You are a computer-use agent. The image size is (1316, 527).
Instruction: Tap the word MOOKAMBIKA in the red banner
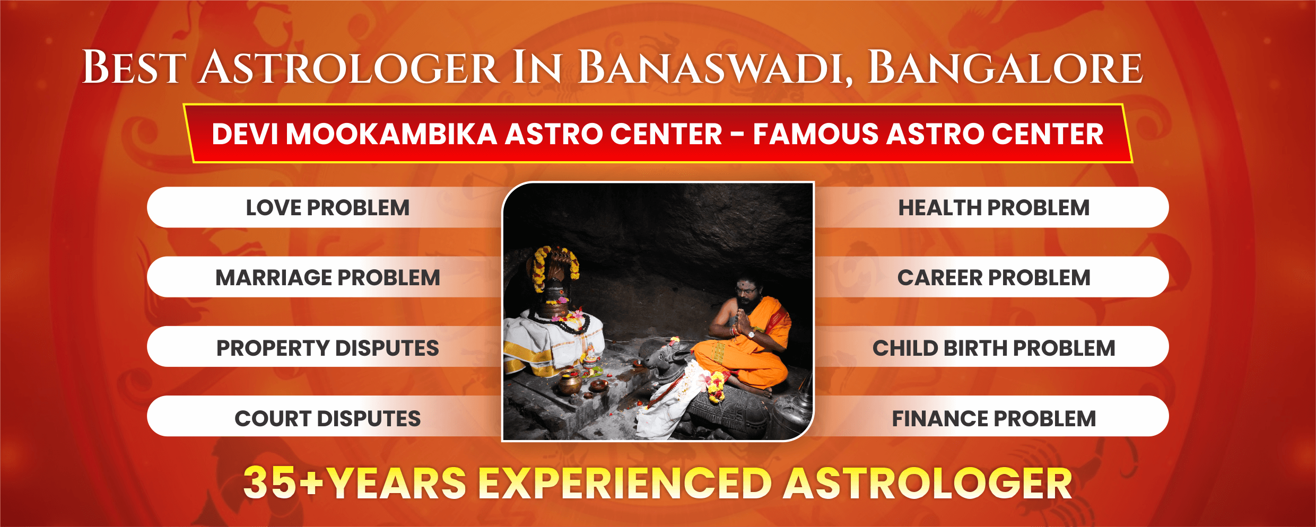tap(391, 134)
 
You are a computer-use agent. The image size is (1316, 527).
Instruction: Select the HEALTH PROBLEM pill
tap(992, 207)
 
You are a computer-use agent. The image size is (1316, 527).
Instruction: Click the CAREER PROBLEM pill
tap(992, 277)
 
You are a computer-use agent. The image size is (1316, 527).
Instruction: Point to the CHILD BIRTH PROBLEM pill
tap(992, 347)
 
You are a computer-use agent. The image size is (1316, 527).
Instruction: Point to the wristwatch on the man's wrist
tap(751, 334)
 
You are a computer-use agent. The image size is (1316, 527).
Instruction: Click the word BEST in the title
tap(134, 68)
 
